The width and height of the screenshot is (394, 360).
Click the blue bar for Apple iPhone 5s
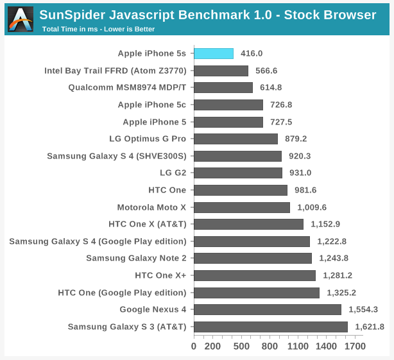(x=214, y=54)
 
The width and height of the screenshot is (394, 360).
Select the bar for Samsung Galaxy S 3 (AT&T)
(x=270, y=327)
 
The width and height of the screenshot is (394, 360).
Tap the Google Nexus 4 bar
(x=267, y=309)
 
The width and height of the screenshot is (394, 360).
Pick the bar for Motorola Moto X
(x=241, y=207)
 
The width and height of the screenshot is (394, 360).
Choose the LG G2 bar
(x=237, y=173)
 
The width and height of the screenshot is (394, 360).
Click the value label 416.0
(x=252, y=54)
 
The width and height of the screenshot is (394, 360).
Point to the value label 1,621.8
(x=369, y=327)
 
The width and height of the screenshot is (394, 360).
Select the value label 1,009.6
(x=312, y=207)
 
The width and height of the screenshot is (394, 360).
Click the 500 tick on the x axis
(x=241, y=347)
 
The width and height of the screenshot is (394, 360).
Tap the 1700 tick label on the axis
(x=354, y=347)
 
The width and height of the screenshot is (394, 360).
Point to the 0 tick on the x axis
(x=194, y=347)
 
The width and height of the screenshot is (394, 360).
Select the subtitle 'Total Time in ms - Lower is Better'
(x=98, y=29)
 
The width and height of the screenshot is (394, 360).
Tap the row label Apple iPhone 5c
(x=151, y=105)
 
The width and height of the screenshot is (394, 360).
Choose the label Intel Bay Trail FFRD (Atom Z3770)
(x=115, y=71)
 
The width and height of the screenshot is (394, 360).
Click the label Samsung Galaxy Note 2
(x=136, y=258)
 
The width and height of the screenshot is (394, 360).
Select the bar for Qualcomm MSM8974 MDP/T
(x=223, y=88)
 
